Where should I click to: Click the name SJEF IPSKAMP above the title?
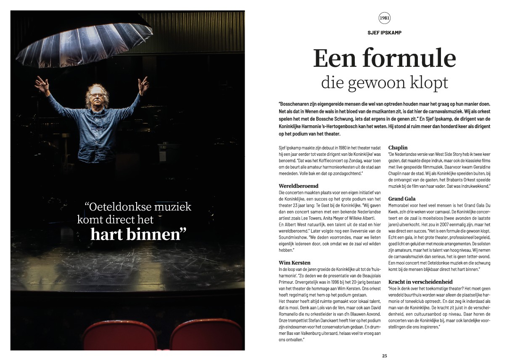click(x=384, y=32)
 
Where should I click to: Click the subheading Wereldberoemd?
click(x=298, y=186)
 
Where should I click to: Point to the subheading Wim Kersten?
click(x=294, y=263)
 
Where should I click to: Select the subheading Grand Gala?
click(x=402, y=198)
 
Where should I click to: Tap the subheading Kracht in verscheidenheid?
click(x=420, y=282)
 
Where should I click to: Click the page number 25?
click(x=384, y=356)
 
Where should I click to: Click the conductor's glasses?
click(x=98, y=95)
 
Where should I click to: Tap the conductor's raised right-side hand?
click(x=144, y=84)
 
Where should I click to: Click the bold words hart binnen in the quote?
click(x=138, y=234)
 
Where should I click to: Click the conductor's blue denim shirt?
click(x=96, y=126)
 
